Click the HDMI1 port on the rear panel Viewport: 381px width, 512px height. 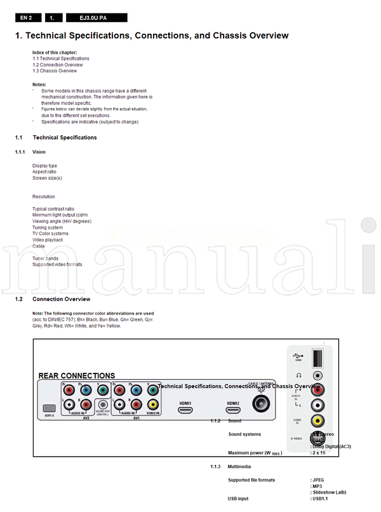(185, 411)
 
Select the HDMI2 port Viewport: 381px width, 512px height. (233, 411)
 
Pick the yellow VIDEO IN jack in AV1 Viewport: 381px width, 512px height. (152, 403)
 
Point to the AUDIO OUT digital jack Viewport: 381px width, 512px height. (102, 403)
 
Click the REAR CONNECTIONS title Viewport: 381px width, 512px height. (77, 376)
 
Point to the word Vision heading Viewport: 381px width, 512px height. (39, 152)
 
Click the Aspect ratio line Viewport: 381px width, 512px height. (44, 172)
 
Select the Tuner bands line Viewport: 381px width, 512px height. (46, 259)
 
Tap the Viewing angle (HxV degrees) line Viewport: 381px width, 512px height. (62, 221)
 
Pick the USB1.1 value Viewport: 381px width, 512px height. (321, 499)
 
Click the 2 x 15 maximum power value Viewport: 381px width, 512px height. (320, 453)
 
